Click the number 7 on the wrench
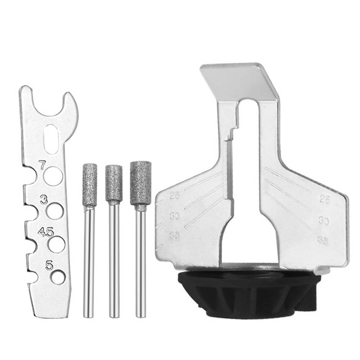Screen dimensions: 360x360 click(x=42, y=166)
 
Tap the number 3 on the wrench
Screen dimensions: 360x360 click(x=44, y=200)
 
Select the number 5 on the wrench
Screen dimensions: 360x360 click(x=49, y=266)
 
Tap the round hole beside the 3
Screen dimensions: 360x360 click(x=55, y=210)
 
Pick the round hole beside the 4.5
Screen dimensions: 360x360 click(x=56, y=244)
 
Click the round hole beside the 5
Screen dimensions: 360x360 click(x=58, y=277)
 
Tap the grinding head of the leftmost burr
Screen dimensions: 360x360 click(x=90, y=185)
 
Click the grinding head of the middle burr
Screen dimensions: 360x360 click(x=114, y=183)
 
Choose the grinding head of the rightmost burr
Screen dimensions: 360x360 click(x=141, y=183)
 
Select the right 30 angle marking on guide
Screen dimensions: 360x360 click(x=324, y=221)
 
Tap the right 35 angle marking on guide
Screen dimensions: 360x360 click(x=323, y=240)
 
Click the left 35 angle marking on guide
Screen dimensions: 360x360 click(x=174, y=236)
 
